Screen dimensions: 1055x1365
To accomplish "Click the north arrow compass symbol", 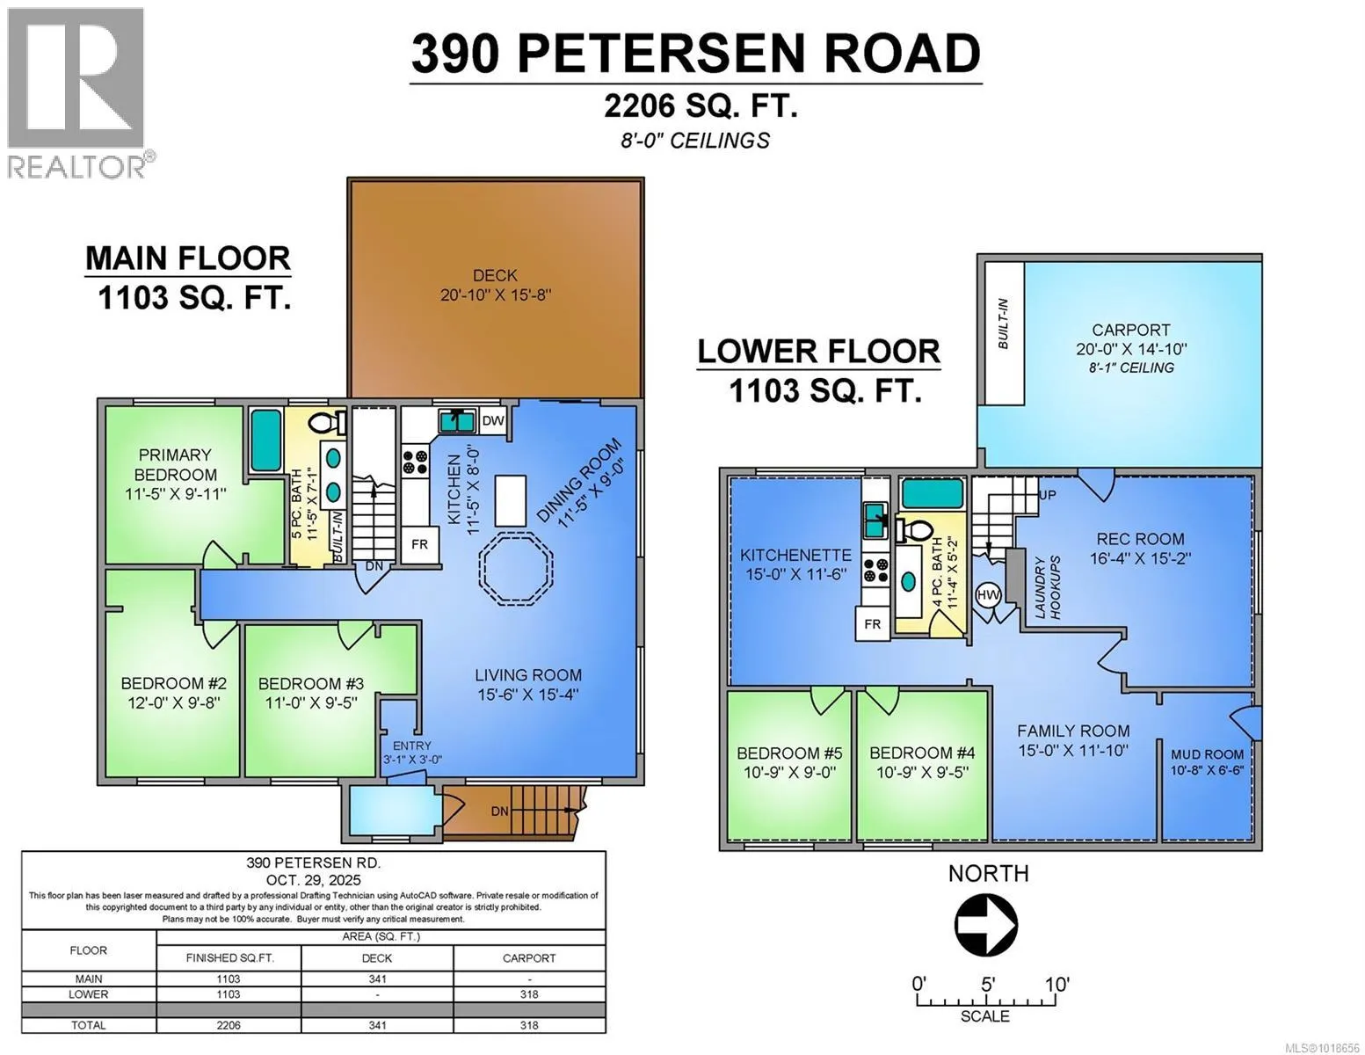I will (986, 925).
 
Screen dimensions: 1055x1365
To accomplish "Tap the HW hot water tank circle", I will (988, 595).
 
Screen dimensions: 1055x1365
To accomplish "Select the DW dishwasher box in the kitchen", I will (493, 420).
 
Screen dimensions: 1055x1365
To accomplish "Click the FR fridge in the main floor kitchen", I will (419, 544).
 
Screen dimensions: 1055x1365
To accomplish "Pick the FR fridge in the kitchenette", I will (873, 624).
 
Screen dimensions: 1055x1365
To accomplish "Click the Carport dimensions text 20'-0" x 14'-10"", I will (1130, 349).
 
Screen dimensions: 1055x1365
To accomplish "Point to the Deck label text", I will (495, 275).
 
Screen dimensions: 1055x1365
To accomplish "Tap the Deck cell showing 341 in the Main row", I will (377, 979).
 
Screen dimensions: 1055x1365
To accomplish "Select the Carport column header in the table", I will (529, 957).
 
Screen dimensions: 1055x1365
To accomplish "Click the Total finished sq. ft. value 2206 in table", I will (228, 1025).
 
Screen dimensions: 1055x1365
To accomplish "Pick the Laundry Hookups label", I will (1048, 587).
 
